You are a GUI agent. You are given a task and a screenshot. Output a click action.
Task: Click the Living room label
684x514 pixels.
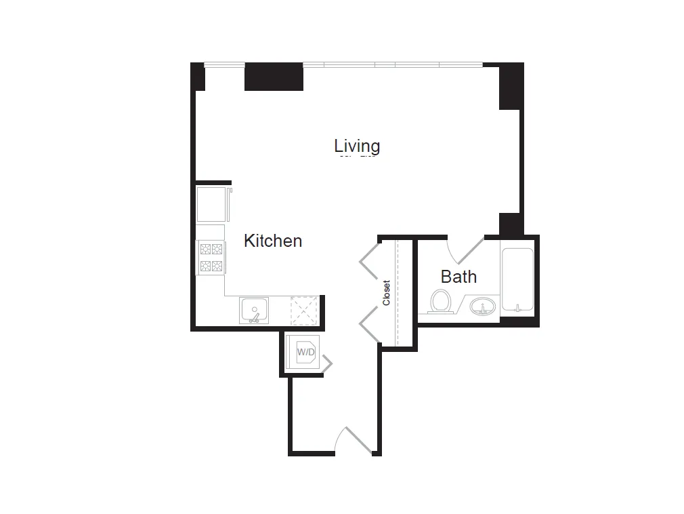click(x=357, y=146)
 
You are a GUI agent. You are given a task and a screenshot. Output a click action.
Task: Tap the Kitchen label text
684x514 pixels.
click(x=273, y=241)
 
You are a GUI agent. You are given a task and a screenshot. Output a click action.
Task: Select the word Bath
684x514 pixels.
click(x=458, y=277)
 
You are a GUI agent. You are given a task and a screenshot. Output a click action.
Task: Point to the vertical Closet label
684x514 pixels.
click(x=387, y=293)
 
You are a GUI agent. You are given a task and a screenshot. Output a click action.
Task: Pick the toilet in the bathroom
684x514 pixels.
click(x=441, y=301)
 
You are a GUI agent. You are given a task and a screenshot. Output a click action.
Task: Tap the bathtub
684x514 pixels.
click(x=517, y=279)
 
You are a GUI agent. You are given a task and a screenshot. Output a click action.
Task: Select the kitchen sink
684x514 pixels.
click(x=254, y=310)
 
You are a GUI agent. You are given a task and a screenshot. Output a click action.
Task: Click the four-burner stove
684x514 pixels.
click(x=211, y=257)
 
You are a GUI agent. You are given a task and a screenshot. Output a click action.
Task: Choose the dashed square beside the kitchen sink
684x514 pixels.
click(x=303, y=310)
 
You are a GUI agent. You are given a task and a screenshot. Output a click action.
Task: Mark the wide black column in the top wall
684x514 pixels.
click(x=273, y=77)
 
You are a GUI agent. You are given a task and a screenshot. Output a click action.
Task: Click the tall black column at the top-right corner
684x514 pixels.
click(x=511, y=85)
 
